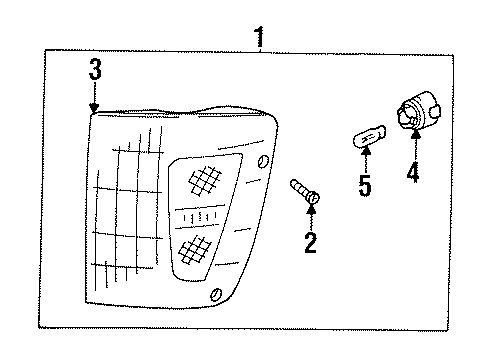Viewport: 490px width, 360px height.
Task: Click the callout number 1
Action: click(x=261, y=38)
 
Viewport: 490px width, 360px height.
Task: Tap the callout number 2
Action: click(x=311, y=241)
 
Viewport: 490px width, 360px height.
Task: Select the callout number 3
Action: click(x=94, y=70)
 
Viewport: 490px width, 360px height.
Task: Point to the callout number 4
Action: click(x=412, y=172)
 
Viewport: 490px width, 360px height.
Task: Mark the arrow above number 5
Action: click(x=366, y=160)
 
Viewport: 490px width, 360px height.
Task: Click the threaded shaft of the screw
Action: click(x=298, y=190)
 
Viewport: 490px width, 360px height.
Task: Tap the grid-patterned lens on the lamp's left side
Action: click(x=130, y=200)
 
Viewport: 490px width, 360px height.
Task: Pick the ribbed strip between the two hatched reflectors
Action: click(x=200, y=216)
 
